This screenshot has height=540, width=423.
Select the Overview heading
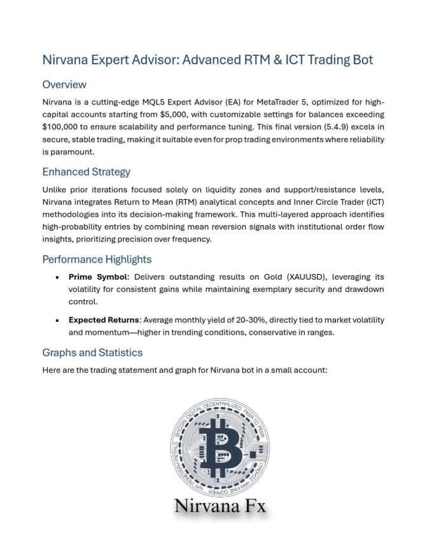[64, 85]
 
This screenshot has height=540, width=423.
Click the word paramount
[74, 153]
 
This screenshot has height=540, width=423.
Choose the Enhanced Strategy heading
[86, 172]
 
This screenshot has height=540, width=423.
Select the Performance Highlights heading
[97, 259]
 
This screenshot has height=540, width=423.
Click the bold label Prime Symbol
[99, 277]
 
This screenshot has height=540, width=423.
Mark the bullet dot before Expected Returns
[58, 320]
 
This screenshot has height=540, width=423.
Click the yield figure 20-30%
[253, 320]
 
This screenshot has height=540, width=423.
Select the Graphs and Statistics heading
[92, 352]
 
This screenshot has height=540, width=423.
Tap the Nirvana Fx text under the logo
[220, 507]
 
